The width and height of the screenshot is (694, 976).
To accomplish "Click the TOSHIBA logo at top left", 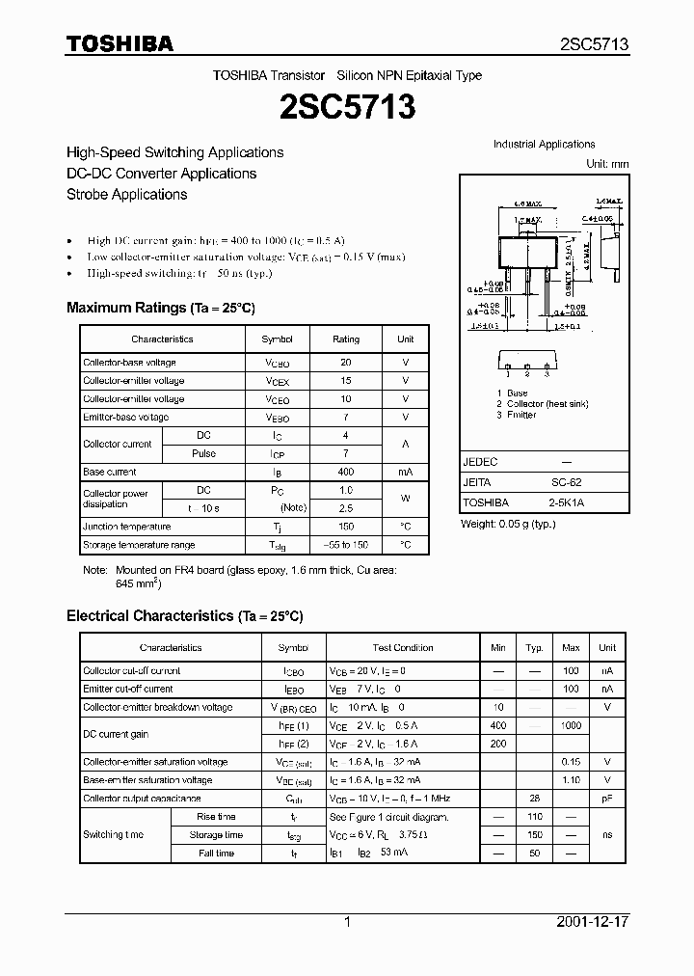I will (120, 43).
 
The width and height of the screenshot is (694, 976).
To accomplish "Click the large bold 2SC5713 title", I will (347, 107).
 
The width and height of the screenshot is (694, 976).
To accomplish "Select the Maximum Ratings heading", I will (160, 308).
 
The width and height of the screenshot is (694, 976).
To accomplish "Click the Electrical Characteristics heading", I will (184, 615).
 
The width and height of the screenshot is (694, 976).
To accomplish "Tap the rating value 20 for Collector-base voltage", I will (346, 363).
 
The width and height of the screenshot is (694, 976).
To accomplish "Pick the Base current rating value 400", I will (346, 472).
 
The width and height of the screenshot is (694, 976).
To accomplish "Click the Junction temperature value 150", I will (346, 527).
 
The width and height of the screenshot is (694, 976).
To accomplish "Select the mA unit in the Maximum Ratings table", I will (405, 472).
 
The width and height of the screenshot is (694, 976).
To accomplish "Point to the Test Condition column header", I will (403, 648).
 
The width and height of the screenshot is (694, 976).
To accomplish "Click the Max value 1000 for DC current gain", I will (571, 725).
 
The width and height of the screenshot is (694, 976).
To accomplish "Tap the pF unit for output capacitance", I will (607, 799).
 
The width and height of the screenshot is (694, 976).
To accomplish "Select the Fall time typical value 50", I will (534, 854).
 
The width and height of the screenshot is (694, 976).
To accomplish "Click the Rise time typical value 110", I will (534, 817).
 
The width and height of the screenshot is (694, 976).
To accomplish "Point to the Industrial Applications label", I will (545, 145).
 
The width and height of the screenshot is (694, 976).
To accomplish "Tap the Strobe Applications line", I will (126, 194).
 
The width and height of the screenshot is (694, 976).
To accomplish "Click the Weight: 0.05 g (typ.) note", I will (508, 523).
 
